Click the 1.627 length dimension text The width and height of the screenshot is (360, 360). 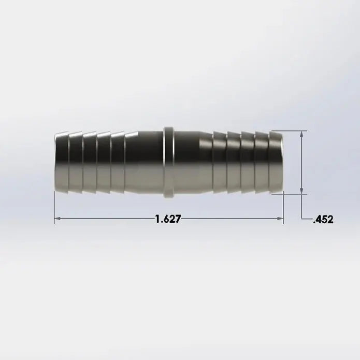[168, 219]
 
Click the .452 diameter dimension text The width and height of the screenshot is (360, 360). [323, 220]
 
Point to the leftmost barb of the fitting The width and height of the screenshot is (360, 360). [62, 162]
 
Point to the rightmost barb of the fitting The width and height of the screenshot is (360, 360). [276, 162]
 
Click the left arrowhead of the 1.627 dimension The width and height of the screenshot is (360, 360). [57, 219]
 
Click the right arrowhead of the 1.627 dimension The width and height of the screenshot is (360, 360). [280, 219]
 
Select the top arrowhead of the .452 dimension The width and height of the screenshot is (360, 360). [301, 134]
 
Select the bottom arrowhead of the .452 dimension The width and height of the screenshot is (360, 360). [301, 190]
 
